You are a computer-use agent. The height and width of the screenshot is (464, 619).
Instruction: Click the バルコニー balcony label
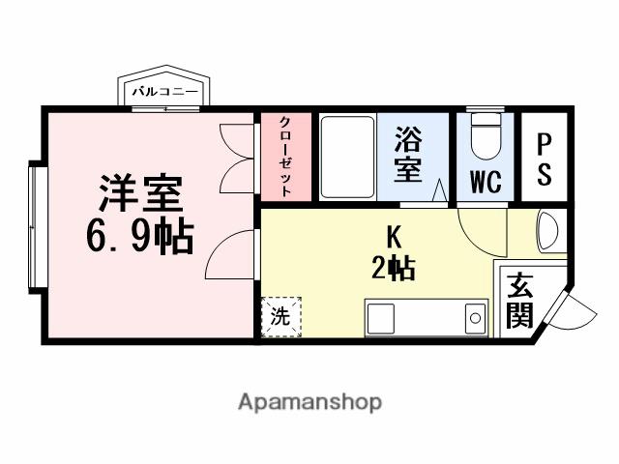click(x=162, y=92)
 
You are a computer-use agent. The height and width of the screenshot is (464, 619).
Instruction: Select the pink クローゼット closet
click(x=287, y=157)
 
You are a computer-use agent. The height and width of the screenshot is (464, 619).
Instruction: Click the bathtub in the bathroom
click(x=346, y=159)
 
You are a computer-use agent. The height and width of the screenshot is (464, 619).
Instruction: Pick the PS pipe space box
click(x=545, y=159)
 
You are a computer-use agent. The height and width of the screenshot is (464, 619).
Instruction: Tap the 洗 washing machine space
click(x=280, y=316)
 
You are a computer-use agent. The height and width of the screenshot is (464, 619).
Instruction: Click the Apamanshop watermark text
click(x=309, y=401)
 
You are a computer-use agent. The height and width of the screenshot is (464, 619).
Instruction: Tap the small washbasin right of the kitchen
click(x=547, y=232)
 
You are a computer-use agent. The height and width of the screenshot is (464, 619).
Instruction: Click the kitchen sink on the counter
click(x=474, y=315)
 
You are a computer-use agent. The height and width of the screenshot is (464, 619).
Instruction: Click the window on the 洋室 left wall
click(x=36, y=227)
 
